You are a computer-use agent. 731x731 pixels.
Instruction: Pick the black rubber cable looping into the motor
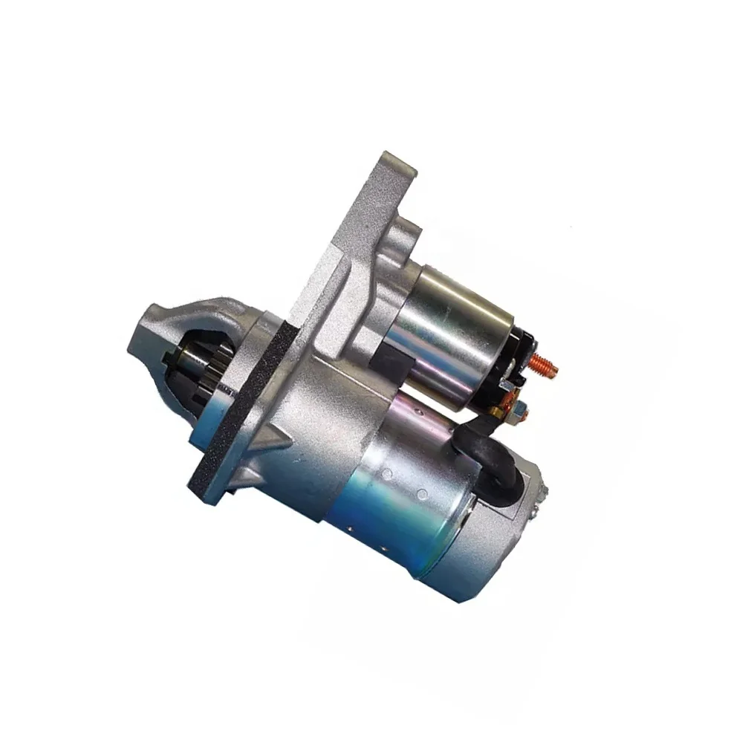tap(494, 453)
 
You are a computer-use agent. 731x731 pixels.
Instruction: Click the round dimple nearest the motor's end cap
tap(423, 494)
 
